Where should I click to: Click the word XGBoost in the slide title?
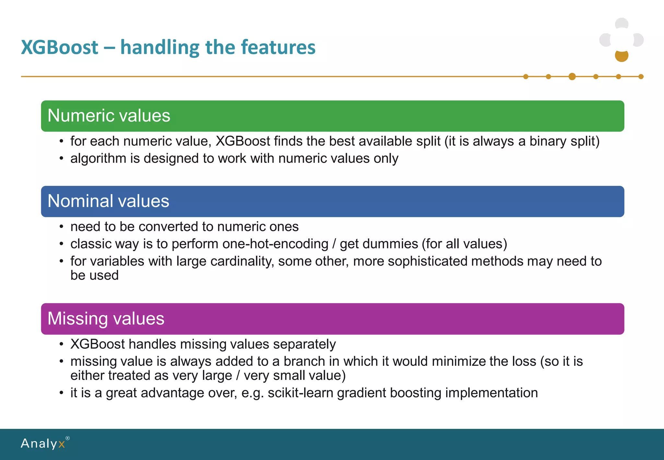click(x=60, y=47)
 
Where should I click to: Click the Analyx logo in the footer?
click(x=43, y=443)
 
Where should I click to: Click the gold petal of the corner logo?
click(x=622, y=56)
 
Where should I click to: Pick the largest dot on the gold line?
click(x=572, y=77)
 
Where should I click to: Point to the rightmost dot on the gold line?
click(x=641, y=77)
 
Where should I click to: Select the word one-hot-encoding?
click(x=275, y=244)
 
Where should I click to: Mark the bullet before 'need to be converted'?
click(x=61, y=227)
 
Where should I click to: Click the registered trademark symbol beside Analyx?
click(x=67, y=438)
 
